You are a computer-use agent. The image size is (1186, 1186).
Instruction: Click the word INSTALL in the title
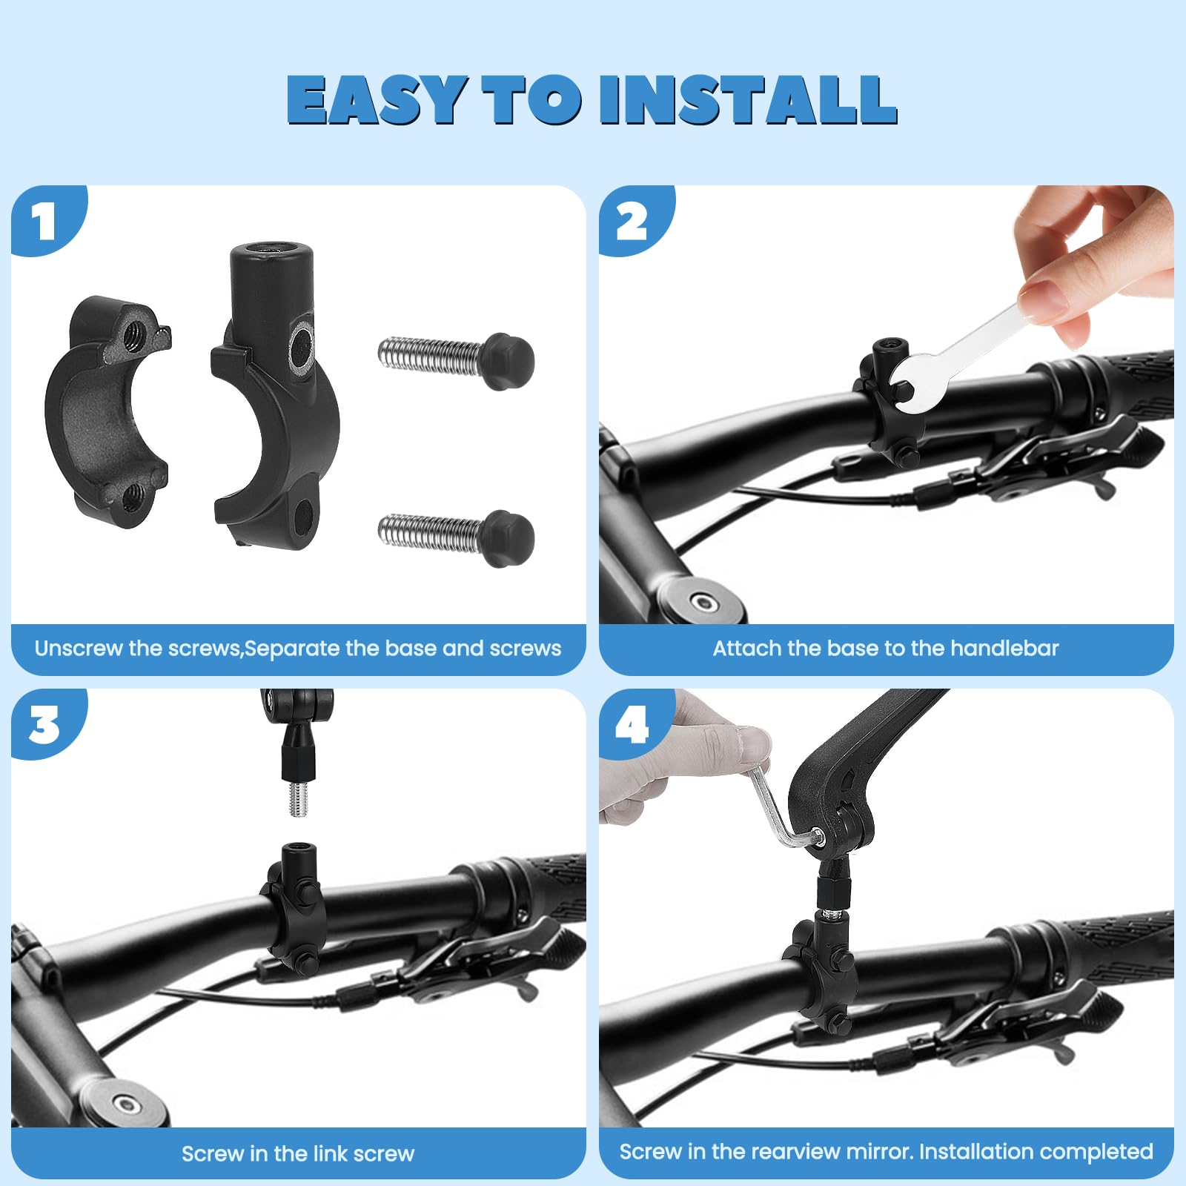749,99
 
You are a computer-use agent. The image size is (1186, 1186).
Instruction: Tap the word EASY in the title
377,99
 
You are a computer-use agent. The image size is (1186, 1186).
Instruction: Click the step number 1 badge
44,222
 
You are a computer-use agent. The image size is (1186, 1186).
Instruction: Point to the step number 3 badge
44,725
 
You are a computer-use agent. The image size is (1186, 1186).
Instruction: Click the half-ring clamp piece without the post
107,411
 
